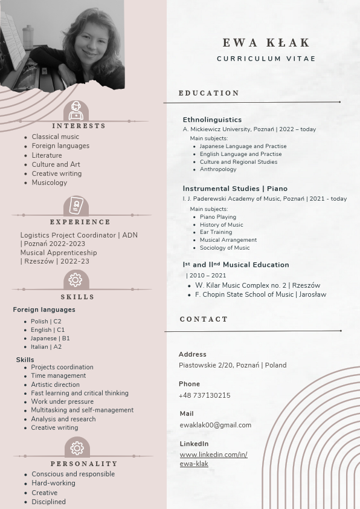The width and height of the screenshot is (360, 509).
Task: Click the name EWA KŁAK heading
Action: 266,43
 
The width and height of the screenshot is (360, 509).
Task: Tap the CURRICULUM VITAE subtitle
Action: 266,59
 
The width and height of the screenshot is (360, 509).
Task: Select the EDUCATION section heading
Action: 209,93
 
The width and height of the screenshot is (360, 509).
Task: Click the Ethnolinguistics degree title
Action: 212,120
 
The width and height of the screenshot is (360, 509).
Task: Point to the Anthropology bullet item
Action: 218,169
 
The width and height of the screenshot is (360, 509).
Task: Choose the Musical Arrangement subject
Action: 228,240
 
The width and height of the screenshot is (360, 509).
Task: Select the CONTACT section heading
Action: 204,319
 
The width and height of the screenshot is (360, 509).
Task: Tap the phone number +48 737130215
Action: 204,395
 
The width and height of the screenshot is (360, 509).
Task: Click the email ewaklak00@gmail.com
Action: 215,425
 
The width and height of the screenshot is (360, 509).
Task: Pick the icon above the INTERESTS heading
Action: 76,111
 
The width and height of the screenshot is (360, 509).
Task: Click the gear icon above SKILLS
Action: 76,280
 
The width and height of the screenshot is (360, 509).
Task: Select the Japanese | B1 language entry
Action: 50,339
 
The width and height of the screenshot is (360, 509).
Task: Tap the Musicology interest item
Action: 50,183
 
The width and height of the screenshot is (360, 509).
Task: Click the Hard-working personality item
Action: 53,483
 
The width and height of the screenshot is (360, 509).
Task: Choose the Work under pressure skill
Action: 62,401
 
